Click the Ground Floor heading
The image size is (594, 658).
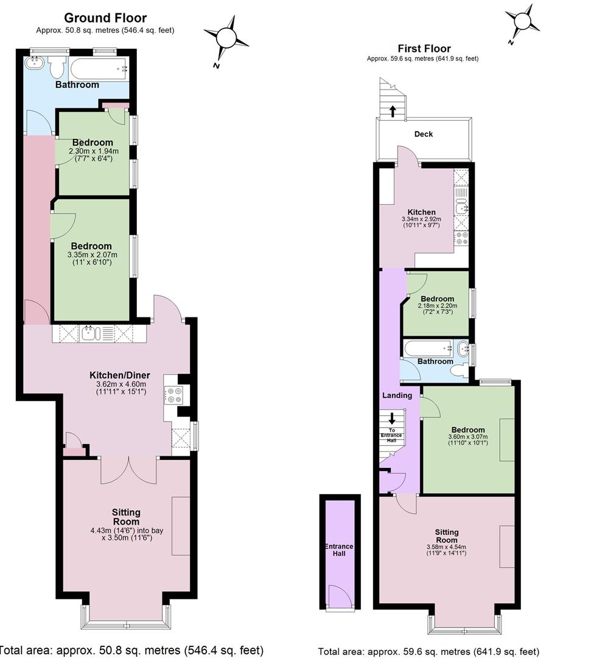pyautogui.click(x=105, y=18)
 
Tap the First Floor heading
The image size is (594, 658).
pyautogui.click(x=424, y=49)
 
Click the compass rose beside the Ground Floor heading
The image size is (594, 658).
pyautogui.click(x=226, y=38)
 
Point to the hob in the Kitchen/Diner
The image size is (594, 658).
pyautogui.click(x=173, y=395)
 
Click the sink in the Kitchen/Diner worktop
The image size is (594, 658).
pyautogui.click(x=90, y=334)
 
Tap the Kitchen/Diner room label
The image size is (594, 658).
pyautogui.click(x=120, y=375)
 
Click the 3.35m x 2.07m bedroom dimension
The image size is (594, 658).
pyautogui.click(x=93, y=255)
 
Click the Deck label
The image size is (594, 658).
pyautogui.click(x=424, y=134)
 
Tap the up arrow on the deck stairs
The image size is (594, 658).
pyautogui.click(x=393, y=111)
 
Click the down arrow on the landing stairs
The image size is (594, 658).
pyautogui.click(x=392, y=419)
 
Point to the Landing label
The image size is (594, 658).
pyautogui.click(x=397, y=395)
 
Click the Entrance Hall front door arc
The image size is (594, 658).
pyautogui.click(x=340, y=595)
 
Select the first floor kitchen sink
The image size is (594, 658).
pyautogui.click(x=461, y=207)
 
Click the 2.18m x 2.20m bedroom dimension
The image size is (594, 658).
pyautogui.click(x=438, y=305)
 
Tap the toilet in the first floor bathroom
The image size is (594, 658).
pyautogui.click(x=459, y=370)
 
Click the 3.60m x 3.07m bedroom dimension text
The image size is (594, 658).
pyautogui.click(x=468, y=436)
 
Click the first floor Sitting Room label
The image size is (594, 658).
pyautogui.click(x=447, y=536)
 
